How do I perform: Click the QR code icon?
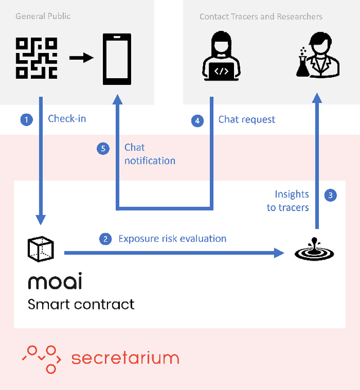click(37, 57)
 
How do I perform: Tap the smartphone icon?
click(117, 59)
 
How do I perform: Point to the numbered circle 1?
click(26, 119)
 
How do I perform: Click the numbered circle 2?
click(105, 239)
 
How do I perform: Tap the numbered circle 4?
click(197, 120)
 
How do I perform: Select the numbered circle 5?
click(102, 149)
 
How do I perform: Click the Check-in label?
click(67, 119)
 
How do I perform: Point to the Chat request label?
click(247, 119)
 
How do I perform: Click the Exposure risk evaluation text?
click(172, 239)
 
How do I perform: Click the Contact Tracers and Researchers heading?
click(261, 16)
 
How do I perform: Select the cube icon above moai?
click(40, 250)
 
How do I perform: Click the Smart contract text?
click(81, 304)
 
